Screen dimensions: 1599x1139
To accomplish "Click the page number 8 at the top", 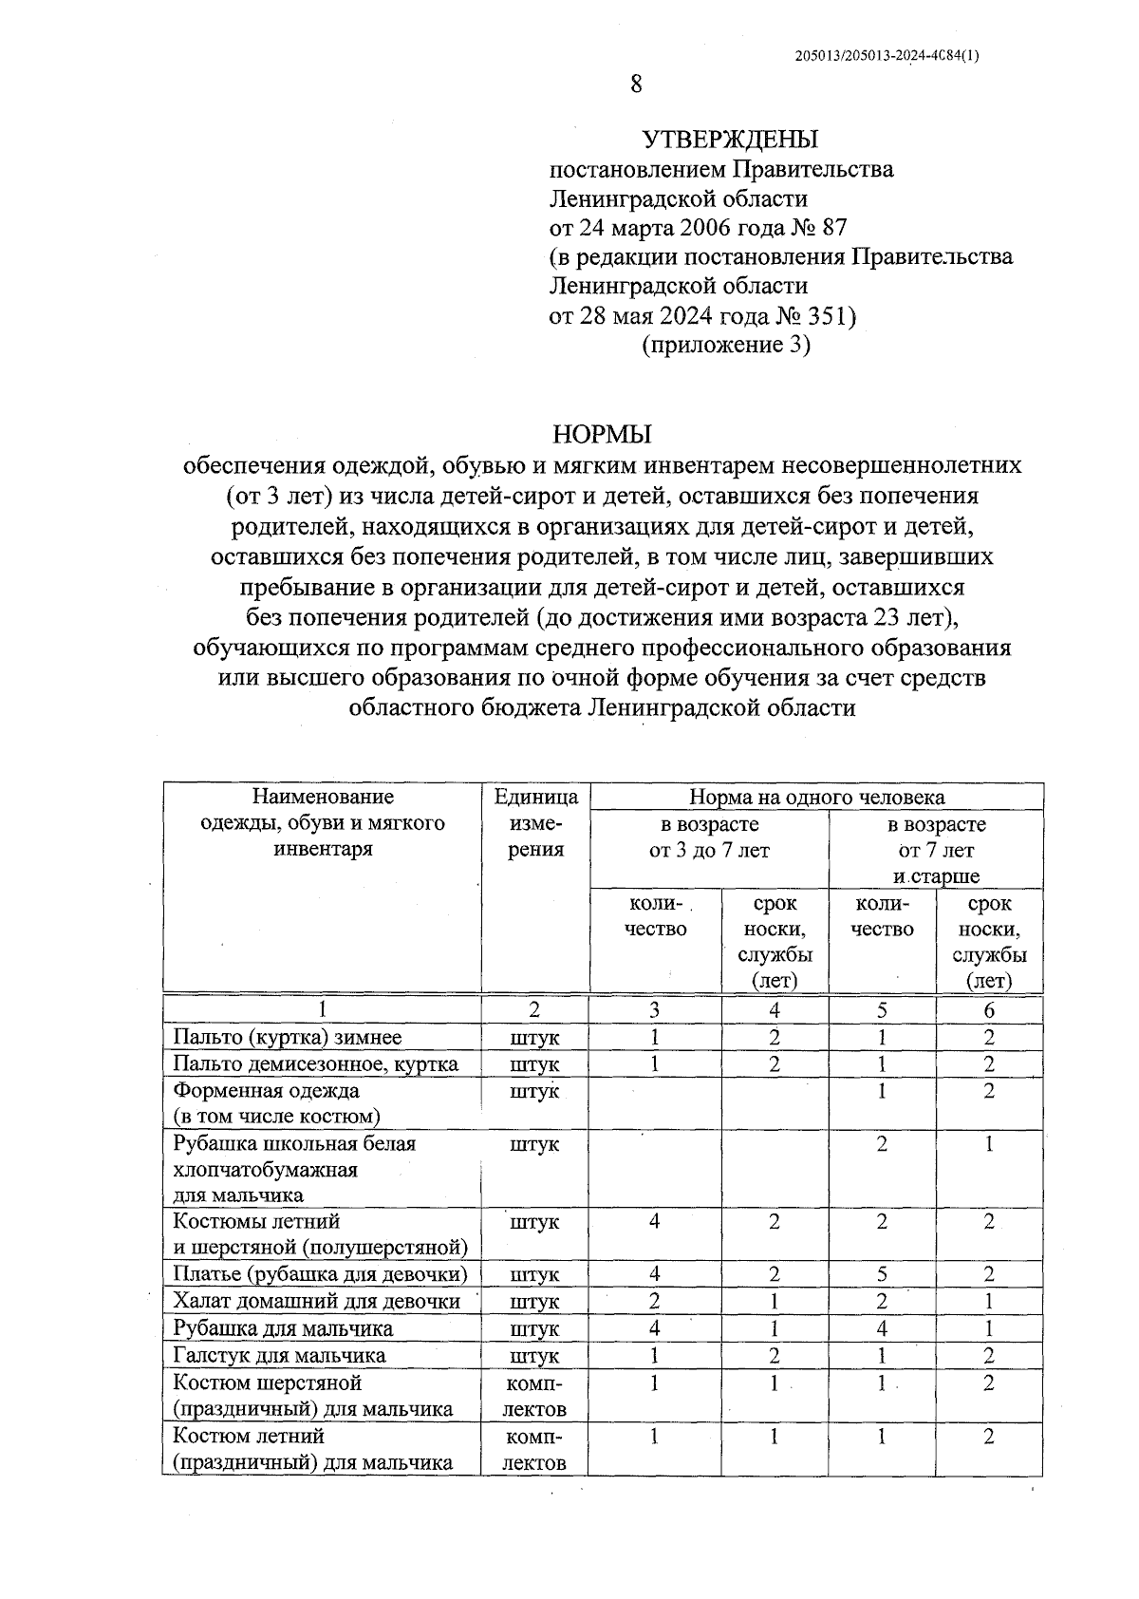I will tap(636, 85).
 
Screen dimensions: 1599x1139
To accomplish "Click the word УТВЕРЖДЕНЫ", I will tap(730, 141).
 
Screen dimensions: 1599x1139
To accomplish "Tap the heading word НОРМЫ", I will tap(603, 435).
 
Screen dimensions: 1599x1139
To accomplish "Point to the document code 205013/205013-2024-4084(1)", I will tap(887, 56).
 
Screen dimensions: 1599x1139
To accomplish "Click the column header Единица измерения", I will tap(536, 822).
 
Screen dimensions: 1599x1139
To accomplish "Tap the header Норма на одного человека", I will tap(816, 797).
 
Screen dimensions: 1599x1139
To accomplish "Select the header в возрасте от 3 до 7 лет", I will tap(709, 837).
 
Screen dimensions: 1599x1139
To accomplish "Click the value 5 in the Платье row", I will tap(882, 1273).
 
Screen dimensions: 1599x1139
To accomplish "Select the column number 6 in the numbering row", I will tap(989, 1009).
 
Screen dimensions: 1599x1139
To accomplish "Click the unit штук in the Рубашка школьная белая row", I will tap(535, 1144).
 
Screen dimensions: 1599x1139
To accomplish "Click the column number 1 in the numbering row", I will tap(323, 1009).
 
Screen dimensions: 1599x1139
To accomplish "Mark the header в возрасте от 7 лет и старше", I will tap(936, 849).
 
